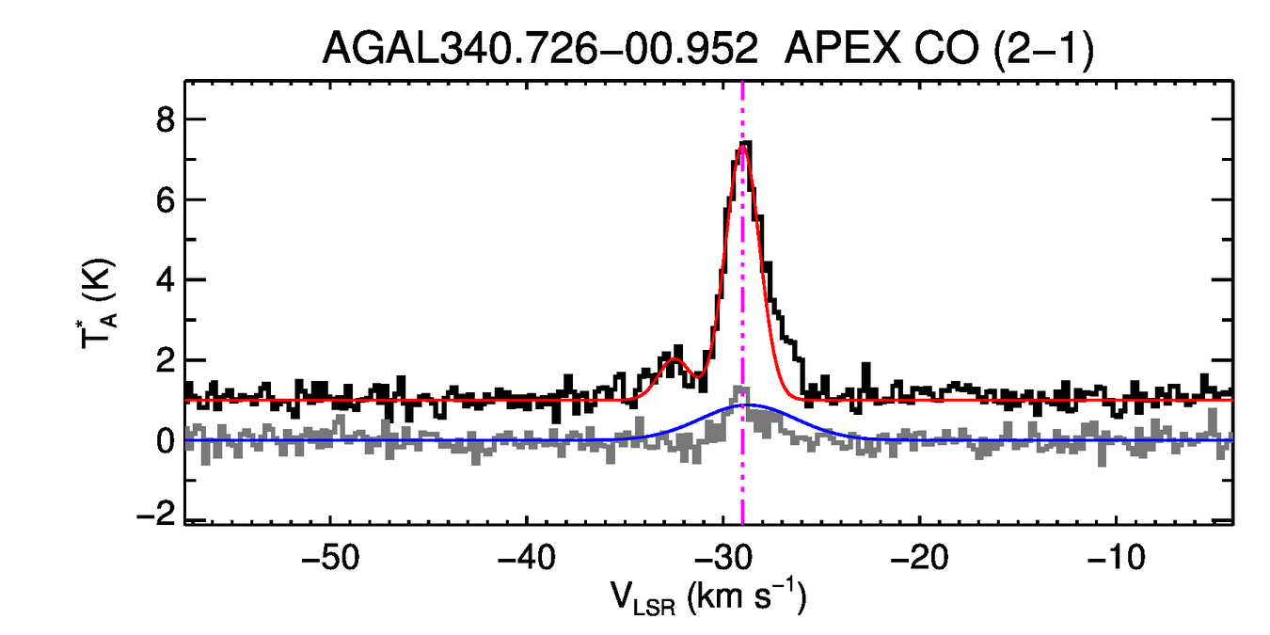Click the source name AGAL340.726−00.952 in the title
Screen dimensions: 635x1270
(540, 48)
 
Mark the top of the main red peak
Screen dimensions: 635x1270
(743, 146)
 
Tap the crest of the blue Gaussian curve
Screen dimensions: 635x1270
(747, 405)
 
